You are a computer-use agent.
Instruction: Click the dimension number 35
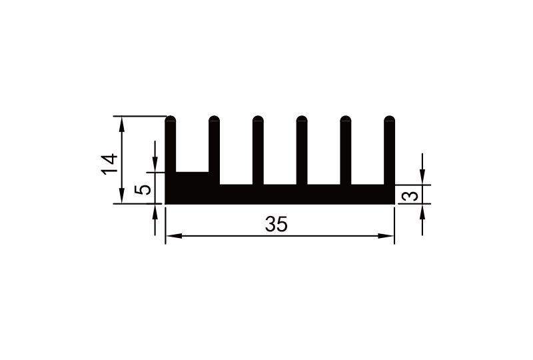click(276, 225)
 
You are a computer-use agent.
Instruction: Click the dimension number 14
click(109, 163)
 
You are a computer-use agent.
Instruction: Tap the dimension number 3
click(412, 196)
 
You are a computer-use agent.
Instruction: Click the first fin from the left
click(171, 147)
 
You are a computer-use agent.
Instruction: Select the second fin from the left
click(214, 150)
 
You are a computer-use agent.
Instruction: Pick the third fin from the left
click(258, 150)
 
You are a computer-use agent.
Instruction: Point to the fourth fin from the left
click(301, 150)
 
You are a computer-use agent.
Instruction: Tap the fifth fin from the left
click(345, 150)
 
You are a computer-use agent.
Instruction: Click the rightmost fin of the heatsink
click(390, 150)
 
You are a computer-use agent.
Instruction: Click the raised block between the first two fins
click(193, 178)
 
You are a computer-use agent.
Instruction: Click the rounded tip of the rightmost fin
click(390, 121)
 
